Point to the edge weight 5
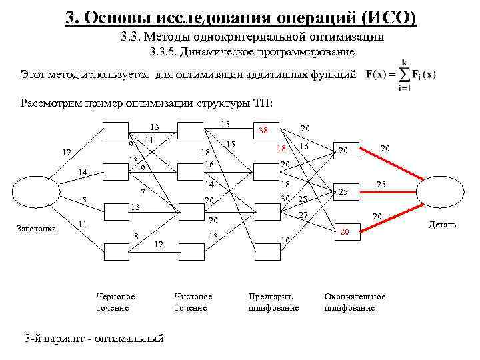point(84,199)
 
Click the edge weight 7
point(143,192)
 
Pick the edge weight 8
point(136,235)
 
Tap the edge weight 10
point(285,240)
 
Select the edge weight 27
point(303,215)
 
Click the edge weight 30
point(285,198)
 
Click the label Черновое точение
point(115,302)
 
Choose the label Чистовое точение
point(193,302)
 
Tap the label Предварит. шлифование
point(273,302)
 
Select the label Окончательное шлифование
point(354,302)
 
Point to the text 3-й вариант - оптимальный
point(93,338)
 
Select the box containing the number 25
point(345,192)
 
